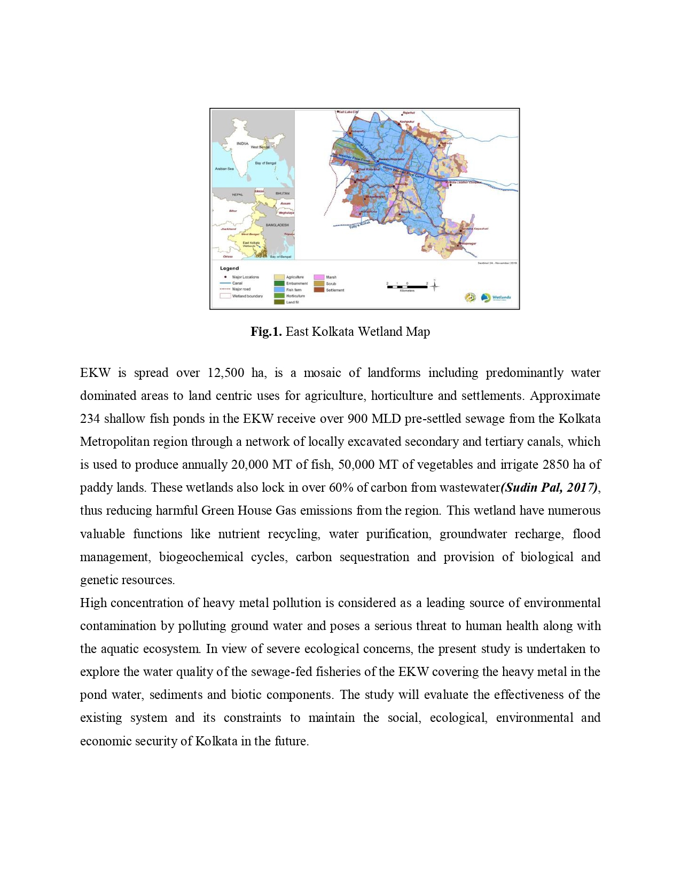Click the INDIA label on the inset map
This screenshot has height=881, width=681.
[x=242, y=143]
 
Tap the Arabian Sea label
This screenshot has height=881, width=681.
[x=224, y=169]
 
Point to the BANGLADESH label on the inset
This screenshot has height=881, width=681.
[x=277, y=225]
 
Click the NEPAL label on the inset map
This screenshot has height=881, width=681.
[x=237, y=194]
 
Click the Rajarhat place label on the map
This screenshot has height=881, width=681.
[x=409, y=113]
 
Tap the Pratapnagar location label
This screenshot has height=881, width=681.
[x=468, y=243]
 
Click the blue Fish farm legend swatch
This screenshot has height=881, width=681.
[x=279, y=289]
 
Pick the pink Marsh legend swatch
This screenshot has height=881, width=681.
[x=319, y=277]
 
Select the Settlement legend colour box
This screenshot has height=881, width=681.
[x=319, y=290]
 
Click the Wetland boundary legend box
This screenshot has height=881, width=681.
[x=225, y=296]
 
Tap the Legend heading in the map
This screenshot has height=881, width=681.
[x=229, y=268]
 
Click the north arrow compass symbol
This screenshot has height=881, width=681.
[x=435, y=286]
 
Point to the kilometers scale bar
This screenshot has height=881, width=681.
[x=407, y=287]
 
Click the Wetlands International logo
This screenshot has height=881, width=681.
[x=496, y=297]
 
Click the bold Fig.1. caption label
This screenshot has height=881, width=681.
[x=266, y=332]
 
